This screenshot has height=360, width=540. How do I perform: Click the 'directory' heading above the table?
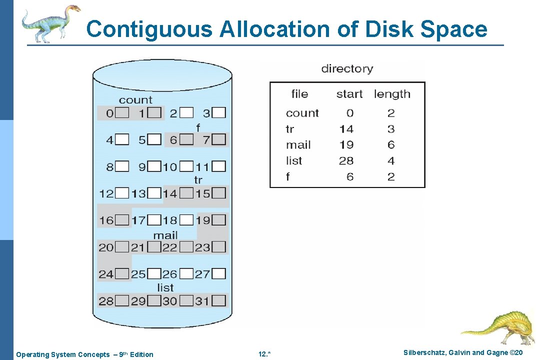click(x=347, y=68)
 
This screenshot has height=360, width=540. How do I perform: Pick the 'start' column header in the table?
click(x=349, y=94)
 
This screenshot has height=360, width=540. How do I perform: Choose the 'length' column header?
click(x=392, y=94)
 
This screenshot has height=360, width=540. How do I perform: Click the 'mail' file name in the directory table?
click(x=298, y=145)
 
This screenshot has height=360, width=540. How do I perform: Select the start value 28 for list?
click(x=346, y=160)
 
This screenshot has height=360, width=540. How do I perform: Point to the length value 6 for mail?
click(x=391, y=145)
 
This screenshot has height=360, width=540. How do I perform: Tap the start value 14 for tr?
click(x=346, y=129)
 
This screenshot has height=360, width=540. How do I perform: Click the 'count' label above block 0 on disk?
click(x=135, y=100)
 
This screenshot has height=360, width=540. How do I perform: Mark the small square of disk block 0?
click(x=122, y=113)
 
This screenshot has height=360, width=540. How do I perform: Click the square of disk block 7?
click(x=218, y=139)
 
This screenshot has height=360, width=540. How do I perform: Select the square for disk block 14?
click(x=186, y=193)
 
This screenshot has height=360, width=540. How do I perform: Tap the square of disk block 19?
click(x=218, y=220)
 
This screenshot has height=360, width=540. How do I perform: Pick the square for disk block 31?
click(x=218, y=300)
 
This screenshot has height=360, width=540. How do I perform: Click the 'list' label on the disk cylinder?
click(x=165, y=287)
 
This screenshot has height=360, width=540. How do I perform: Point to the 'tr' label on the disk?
click(x=198, y=180)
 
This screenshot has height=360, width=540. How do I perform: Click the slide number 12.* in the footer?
click(x=264, y=354)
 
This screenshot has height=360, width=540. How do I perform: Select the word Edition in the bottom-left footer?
click(x=141, y=354)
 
